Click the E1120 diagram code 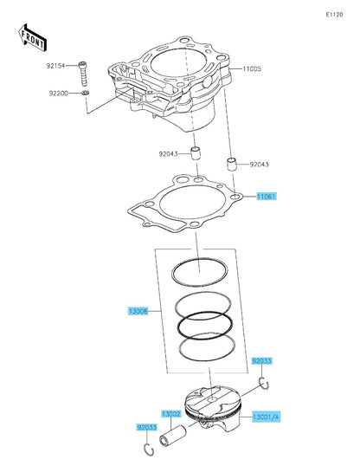335,16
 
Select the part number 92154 57,65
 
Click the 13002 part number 170,415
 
